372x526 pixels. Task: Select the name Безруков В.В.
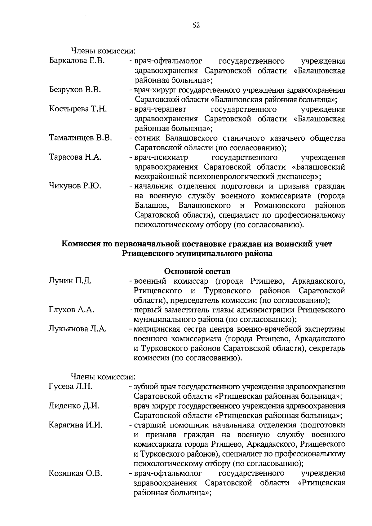tap(75, 90)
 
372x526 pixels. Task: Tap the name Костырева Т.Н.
tap(78, 109)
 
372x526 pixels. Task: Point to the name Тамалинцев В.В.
tap(81, 138)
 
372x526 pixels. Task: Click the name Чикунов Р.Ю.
tap(75, 186)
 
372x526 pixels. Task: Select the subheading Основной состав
tap(197, 272)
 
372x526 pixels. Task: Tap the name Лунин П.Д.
tap(70, 281)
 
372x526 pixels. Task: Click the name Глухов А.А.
tap(72, 310)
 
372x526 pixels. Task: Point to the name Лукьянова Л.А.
tap(78, 329)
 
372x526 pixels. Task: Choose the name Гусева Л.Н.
tap(71, 386)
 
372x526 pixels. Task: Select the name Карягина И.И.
tap(76, 425)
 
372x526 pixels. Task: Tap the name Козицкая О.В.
tap(75, 473)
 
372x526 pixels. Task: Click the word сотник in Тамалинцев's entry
tap(147, 138)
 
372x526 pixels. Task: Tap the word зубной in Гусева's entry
tap(145, 387)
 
